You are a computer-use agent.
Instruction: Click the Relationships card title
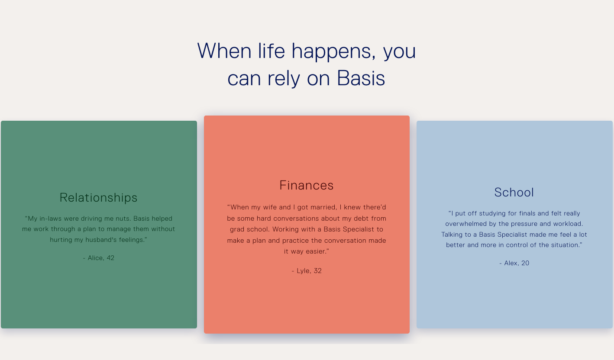tap(98, 198)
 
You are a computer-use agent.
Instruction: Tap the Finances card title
tap(307, 185)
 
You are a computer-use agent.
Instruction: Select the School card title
tap(514, 193)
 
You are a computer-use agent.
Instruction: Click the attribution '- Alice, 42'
tap(99, 258)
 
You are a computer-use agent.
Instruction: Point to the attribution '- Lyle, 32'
tap(307, 271)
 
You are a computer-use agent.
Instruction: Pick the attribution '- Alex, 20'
tap(514, 263)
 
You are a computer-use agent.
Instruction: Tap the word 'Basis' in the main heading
tap(361, 78)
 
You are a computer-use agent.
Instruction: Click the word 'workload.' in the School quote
tap(568, 224)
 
